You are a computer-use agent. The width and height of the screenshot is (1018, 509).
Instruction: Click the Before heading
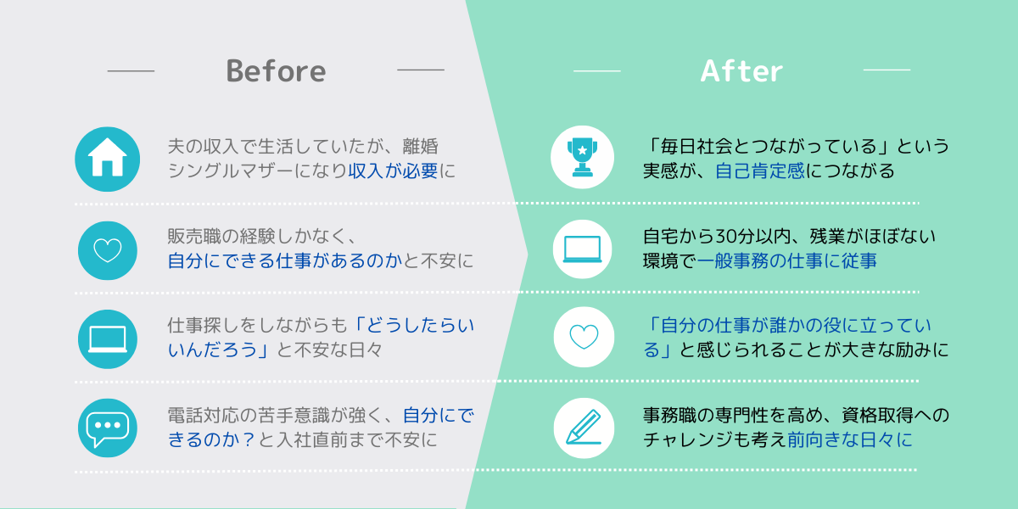coord(276,71)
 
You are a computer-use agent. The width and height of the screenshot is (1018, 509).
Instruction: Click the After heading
coord(741,71)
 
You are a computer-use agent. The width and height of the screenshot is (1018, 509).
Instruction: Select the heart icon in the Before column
coord(108,250)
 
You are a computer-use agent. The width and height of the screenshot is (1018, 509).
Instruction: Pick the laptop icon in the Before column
coord(108,339)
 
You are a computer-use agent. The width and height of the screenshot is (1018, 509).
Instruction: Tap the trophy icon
coord(582,157)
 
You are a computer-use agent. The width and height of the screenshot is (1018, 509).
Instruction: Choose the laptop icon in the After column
coord(582,249)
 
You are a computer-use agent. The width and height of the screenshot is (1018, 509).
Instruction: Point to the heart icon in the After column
coord(584,337)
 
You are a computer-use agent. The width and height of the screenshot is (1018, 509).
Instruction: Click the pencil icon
coord(584,428)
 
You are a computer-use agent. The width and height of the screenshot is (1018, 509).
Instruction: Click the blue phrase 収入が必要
coord(393,171)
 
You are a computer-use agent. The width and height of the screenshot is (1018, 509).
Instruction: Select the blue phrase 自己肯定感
coord(760,171)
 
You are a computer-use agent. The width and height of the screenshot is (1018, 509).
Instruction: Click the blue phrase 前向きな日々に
coord(850,439)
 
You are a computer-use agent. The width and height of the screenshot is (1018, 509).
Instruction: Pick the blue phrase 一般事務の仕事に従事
coord(786,261)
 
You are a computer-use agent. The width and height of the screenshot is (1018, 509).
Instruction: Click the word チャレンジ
coord(688,439)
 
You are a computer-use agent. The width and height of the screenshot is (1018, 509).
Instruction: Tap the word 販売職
coord(194,237)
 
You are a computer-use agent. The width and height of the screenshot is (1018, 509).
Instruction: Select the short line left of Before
coord(131,71)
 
